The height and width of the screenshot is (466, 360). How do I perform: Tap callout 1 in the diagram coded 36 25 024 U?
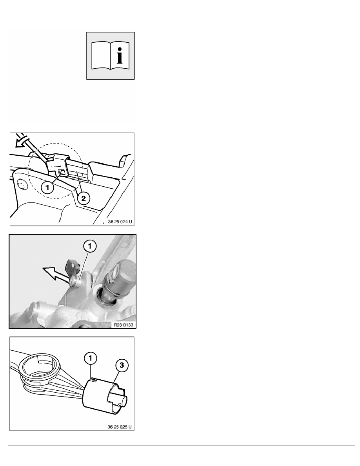pyautogui.click(x=47, y=187)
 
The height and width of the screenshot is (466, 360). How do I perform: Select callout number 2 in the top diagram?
pyautogui.click(x=84, y=198)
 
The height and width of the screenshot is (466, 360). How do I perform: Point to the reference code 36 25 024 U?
pyautogui.click(x=120, y=222)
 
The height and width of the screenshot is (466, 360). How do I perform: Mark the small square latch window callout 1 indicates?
pyautogui.click(x=62, y=172)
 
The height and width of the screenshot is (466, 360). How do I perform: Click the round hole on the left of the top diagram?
pyautogui.click(x=22, y=185)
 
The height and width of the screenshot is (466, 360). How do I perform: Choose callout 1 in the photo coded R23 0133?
pyautogui.click(x=90, y=246)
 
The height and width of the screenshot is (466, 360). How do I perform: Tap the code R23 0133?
pyautogui.click(x=124, y=324)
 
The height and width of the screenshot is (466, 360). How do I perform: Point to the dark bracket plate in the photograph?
pyautogui.click(x=72, y=267)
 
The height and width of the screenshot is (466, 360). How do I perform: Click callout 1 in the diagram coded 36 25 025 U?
pyautogui.click(x=90, y=358)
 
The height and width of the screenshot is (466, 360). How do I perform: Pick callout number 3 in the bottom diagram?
pyautogui.click(x=122, y=365)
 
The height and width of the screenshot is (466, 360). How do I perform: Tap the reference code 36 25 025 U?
pyautogui.click(x=120, y=427)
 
